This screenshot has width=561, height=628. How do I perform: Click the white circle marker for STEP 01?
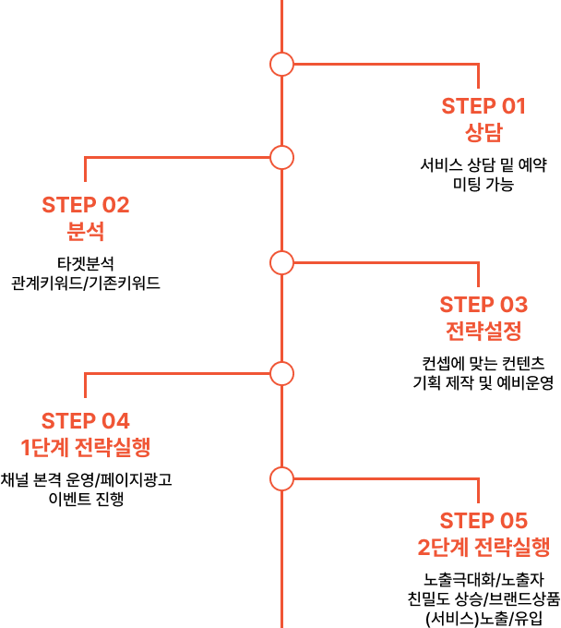(x=282, y=64)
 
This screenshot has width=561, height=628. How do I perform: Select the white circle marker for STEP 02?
(x=282, y=158)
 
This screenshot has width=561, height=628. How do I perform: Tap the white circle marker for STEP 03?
(x=282, y=263)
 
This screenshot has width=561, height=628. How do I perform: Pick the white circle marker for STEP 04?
(x=282, y=374)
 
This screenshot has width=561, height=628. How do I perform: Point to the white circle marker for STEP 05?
(x=282, y=478)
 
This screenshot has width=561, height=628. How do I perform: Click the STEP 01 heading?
(x=483, y=106)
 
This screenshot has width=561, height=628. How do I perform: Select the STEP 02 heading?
(x=86, y=205)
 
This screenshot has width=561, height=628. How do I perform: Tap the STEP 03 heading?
(x=483, y=305)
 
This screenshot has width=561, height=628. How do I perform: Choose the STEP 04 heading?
(x=86, y=421)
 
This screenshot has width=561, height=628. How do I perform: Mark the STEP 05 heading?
(x=483, y=521)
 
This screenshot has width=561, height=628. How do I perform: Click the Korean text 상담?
(x=483, y=132)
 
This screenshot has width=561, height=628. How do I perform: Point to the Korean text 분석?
(x=86, y=231)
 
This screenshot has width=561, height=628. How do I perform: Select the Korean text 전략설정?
(x=483, y=331)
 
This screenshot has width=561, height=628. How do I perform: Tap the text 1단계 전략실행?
(x=86, y=448)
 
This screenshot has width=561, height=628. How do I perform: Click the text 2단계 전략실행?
(x=483, y=547)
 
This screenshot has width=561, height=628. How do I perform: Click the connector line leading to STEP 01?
(x=388, y=64)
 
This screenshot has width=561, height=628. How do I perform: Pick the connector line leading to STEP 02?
(x=175, y=158)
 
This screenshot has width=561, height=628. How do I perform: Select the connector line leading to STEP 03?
(x=388, y=263)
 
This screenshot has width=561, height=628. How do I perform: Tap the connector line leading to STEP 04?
(x=175, y=374)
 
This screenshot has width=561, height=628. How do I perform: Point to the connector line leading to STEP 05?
(x=388, y=478)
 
